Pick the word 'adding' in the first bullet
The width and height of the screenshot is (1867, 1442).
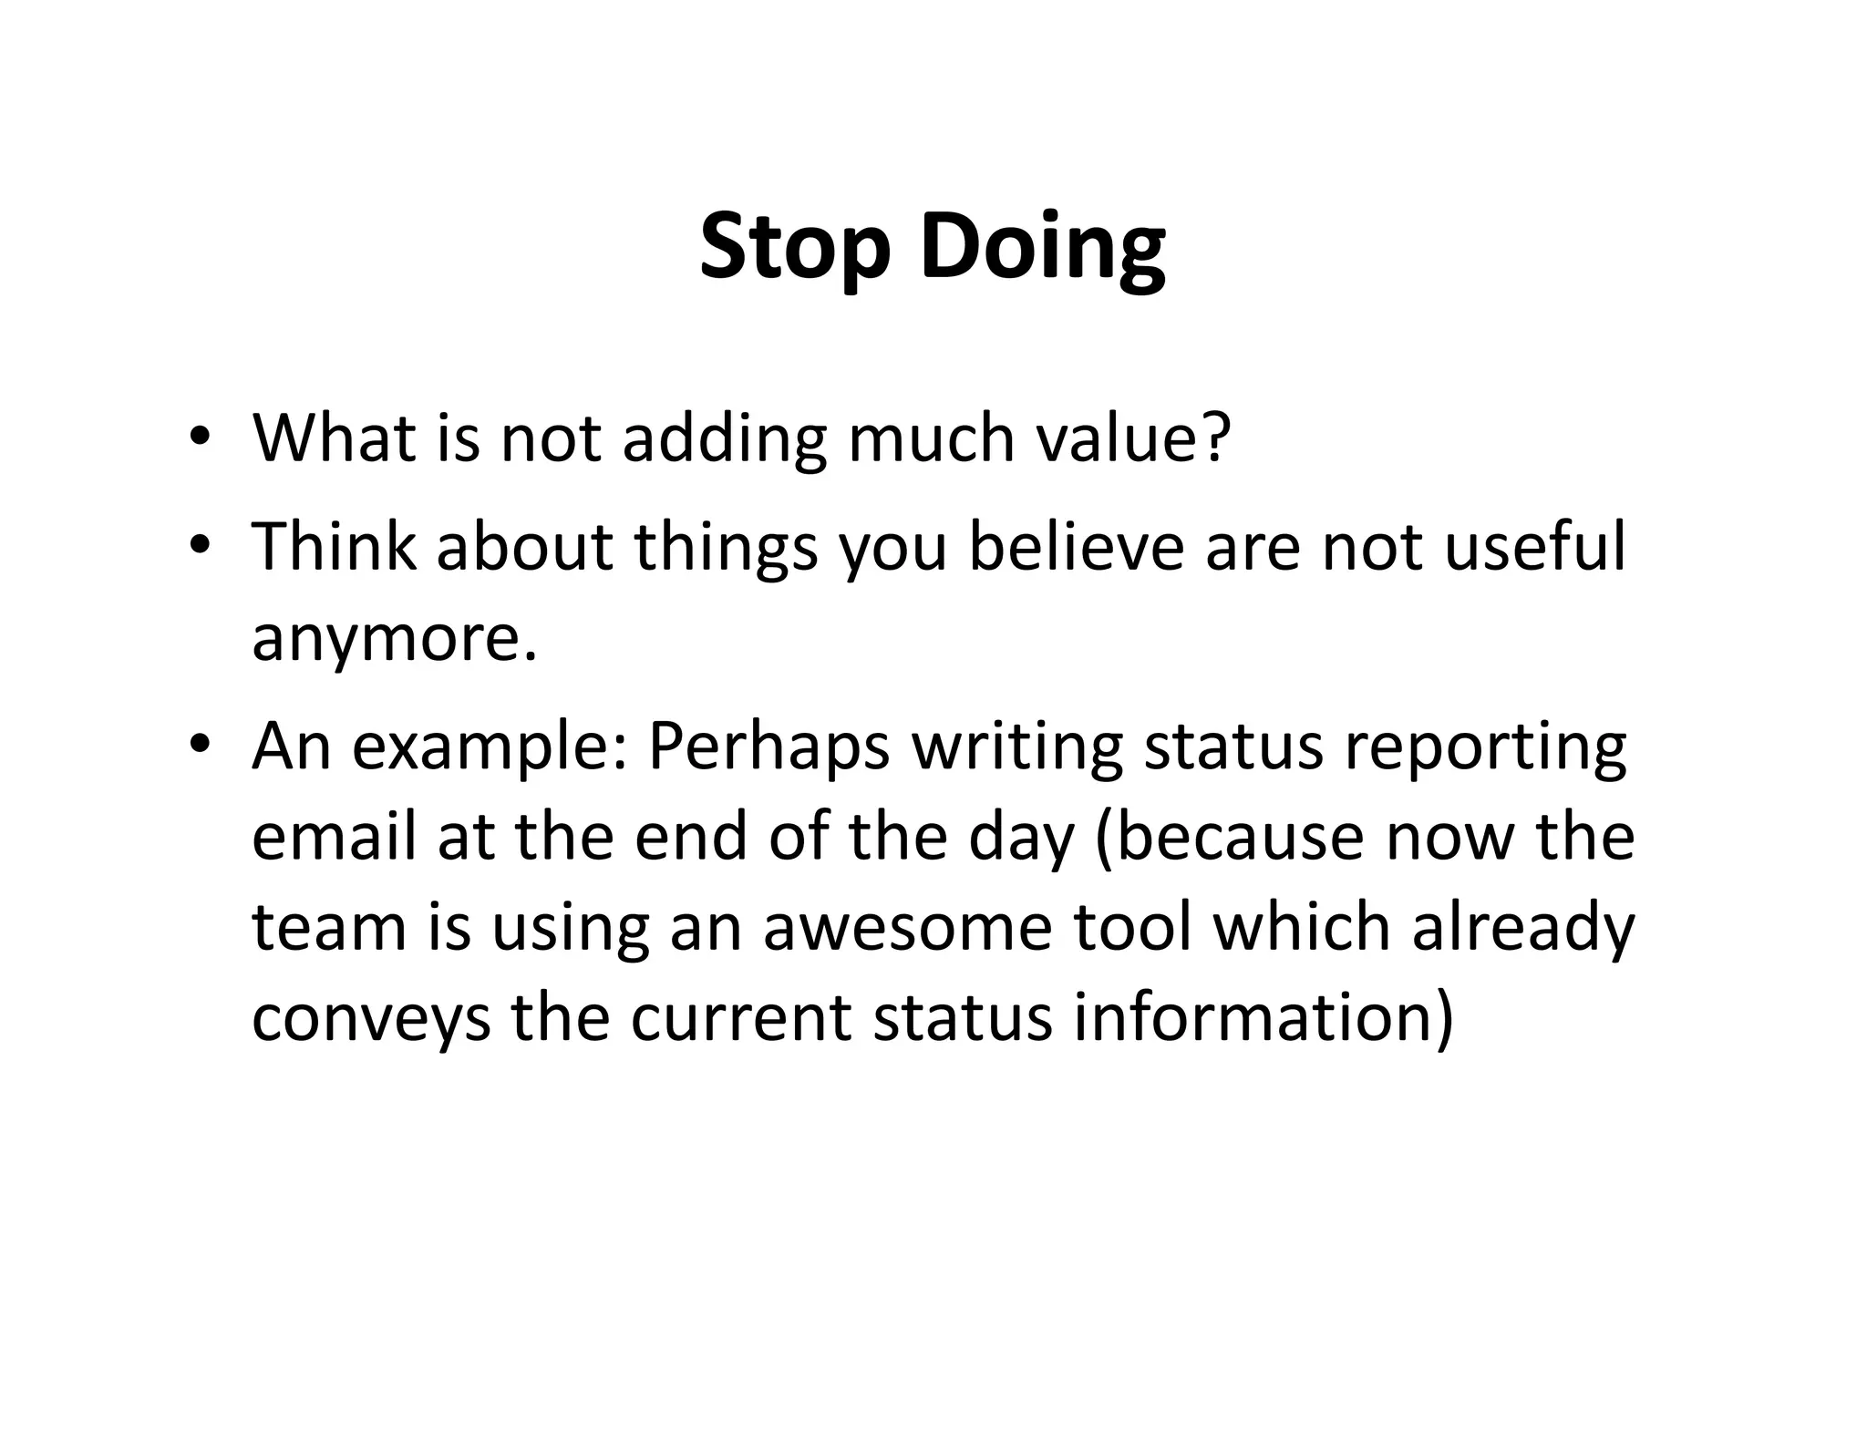pos(725,440)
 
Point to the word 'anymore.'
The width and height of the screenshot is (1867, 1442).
pos(394,639)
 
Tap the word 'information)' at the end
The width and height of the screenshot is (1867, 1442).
pos(1264,1017)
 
